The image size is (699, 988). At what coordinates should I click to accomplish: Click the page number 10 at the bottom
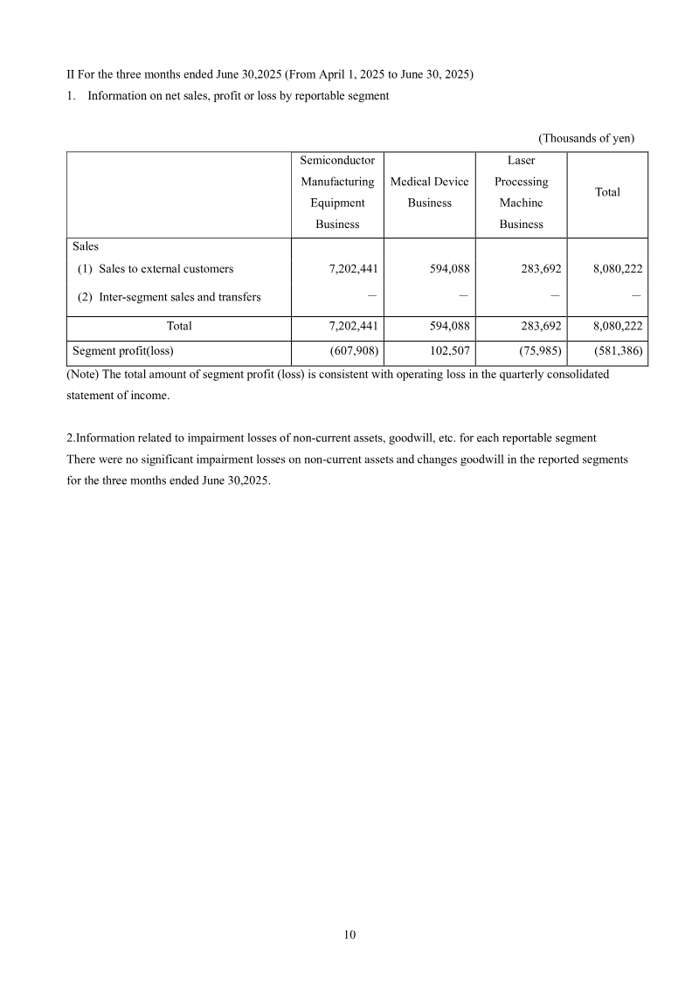[x=349, y=935]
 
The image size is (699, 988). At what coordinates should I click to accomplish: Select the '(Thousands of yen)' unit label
[x=585, y=138]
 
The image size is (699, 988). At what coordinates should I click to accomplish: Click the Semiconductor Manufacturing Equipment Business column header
[x=337, y=192]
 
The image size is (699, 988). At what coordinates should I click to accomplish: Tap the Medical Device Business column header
[x=429, y=192]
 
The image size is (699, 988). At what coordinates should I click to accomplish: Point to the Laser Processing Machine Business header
[x=521, y=192]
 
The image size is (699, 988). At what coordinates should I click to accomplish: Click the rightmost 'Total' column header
[x=607, y=192]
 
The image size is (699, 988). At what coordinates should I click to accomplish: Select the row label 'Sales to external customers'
[x=166, y=269]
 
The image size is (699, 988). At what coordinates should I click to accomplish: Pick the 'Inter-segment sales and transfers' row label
[x=180, y=297]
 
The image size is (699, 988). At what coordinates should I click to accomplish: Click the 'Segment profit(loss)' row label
[x=123, y=352]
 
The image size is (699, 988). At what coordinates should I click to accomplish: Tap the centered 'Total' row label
[x=179, y=326]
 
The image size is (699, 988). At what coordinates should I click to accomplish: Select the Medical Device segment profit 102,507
[x=445, y=352]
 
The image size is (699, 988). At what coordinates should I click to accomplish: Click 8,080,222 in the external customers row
[x=617, y=269]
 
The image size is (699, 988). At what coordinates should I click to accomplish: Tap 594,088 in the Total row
[x=445, y=326]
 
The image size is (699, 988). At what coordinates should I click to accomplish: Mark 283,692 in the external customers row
[x=536, y=269]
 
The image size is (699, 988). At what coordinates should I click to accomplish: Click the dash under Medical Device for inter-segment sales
[x=463, y=296]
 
